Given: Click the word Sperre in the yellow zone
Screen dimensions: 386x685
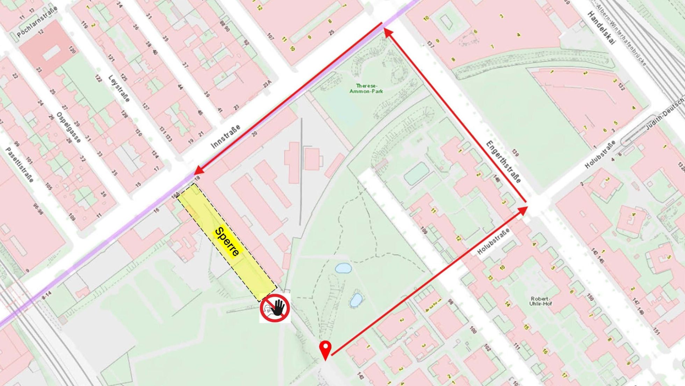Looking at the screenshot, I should tap(228, 241).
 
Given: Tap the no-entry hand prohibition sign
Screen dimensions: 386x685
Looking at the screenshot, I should tap(275, 308).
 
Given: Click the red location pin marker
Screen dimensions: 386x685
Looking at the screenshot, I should tap(325, 349).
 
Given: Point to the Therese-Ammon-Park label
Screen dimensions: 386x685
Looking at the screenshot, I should tap(366, 89).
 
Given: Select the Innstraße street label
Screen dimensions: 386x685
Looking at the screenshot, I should tap(226, 136).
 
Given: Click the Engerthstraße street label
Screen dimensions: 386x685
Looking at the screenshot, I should tap(503, 162).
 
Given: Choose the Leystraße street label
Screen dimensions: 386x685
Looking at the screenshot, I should tap(119, 89).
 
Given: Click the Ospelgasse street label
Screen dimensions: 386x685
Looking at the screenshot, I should tap(68, 127).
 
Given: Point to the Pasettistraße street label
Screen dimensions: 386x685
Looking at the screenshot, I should tap(20, 164).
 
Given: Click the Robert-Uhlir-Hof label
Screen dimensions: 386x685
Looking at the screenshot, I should tap(541, 301).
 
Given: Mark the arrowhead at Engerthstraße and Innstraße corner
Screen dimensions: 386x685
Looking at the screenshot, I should tap(388, 33).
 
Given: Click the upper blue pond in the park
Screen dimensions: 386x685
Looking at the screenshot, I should tap(343, 268).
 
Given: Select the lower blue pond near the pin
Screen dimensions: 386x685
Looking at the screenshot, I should tap(356, 300).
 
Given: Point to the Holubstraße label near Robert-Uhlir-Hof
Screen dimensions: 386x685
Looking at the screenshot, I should tap(493, 241).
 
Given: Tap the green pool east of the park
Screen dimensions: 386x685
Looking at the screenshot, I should tap(416, 174).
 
